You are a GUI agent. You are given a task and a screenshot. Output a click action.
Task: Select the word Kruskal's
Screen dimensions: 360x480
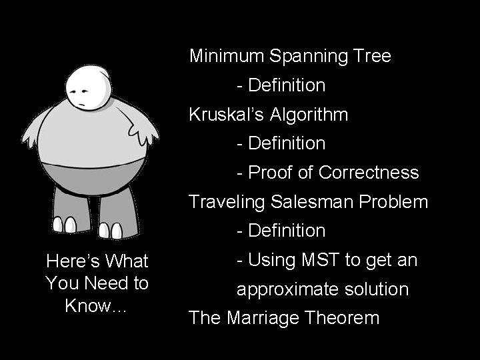[227, 114]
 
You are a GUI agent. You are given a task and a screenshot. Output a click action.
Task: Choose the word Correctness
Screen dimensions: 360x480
[369, 173]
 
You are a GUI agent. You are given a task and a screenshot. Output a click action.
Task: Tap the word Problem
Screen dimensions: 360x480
[393, 201]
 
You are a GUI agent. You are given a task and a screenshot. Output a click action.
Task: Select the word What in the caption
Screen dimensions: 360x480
[127, 261]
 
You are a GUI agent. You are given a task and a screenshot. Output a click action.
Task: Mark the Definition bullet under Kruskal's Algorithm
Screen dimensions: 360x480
[286, 143]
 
